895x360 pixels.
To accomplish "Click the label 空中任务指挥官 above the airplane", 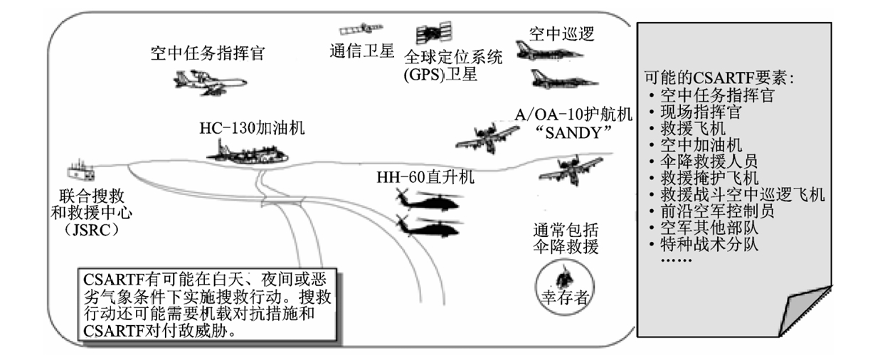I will tap(208, 53).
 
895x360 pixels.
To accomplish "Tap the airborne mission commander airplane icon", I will tap(208, 81).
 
